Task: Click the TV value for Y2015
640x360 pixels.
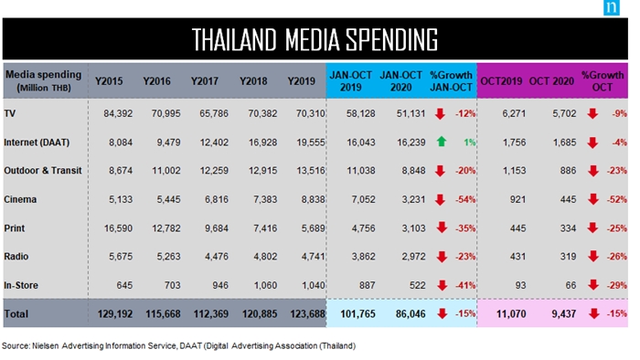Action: [118, 113]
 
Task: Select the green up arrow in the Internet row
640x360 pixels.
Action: [442, 142]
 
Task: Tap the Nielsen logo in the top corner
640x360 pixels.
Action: [612, 7]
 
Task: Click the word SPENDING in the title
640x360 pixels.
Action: [392, 39]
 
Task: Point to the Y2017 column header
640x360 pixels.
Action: [205, 81]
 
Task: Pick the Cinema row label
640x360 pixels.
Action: [20, 199]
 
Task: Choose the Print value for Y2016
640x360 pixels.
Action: [166, 228]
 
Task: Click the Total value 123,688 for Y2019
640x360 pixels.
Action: [308, 314]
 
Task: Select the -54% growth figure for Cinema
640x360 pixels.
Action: [465, 199]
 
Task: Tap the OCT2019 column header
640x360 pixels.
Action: [501, 81]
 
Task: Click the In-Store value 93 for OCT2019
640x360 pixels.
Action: [520, 285]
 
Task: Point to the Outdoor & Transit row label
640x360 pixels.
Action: [43, 171]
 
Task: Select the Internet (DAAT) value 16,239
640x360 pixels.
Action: [411, 143]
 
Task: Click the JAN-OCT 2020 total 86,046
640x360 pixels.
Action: [411, 314]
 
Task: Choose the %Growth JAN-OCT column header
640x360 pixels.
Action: [451, 81]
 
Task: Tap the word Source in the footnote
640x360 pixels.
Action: [16, 345]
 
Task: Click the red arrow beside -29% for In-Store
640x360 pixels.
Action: [593, 285]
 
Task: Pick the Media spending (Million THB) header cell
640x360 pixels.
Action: [44, 80]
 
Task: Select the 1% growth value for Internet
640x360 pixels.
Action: [469, 143]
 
